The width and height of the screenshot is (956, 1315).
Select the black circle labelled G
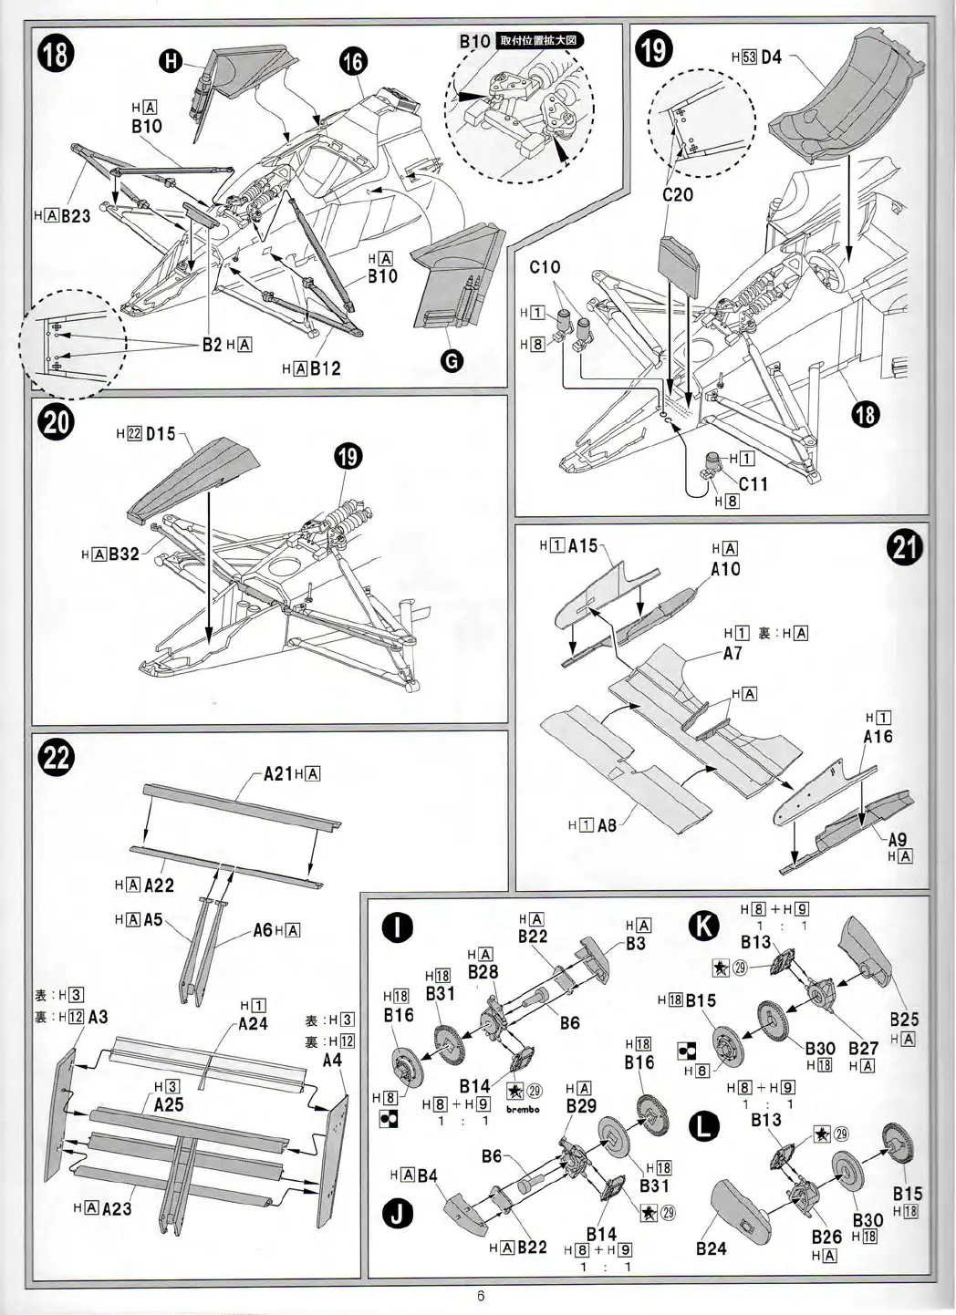coord(451,361)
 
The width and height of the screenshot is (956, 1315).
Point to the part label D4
coord(771,57)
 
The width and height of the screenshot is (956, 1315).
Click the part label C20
coord(678,195)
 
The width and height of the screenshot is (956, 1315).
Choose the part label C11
coord(753,484)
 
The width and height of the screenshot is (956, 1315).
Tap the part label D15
coord(160,434)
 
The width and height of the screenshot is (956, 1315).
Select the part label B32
coord(123,554)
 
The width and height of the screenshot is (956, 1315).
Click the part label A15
coord(582,545)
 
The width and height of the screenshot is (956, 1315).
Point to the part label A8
coord(607,825)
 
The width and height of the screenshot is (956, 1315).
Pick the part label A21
coord(277,774)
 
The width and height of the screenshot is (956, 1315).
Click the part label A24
coord(253,1023)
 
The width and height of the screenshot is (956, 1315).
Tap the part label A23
coord(117,1209)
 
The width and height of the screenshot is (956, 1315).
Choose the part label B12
coord(325,368)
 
